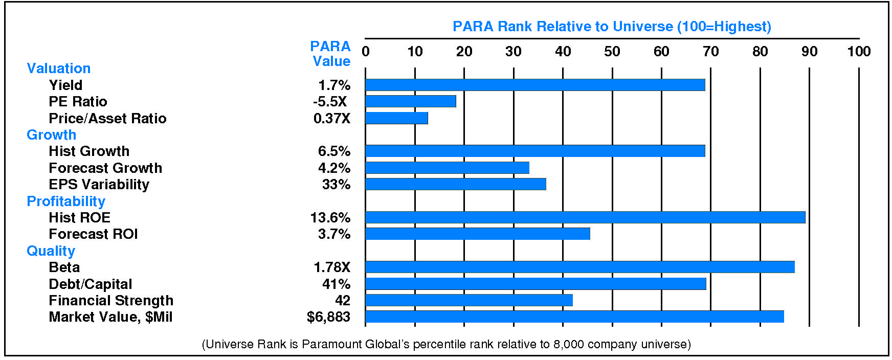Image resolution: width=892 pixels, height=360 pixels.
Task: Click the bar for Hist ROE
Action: [x=585, y=217]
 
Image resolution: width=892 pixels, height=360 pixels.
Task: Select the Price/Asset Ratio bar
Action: [x=397, y=118]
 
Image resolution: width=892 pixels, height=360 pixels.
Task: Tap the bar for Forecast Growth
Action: [x=447, y=168]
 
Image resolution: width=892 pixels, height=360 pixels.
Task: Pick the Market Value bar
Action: [x=574, y=317]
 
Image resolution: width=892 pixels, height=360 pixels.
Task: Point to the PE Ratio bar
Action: [x=411, y=101]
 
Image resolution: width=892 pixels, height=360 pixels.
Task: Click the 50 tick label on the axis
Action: [x=612, y=52]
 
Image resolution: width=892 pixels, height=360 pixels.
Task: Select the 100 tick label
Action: [x=859, y=52]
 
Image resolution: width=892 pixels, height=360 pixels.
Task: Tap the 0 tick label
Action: [x=366, y=52]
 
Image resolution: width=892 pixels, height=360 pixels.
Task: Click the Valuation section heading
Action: [x=58, y=69]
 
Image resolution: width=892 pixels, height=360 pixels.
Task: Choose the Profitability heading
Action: [x=66, y=201]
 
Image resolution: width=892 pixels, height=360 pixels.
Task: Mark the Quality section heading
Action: [x=51, y=251]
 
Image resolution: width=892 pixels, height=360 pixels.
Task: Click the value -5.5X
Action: [x=330, y=102]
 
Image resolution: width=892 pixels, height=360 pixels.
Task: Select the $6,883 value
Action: [x=328, y=317]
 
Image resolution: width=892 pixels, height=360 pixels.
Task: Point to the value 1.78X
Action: [x=332, y=267]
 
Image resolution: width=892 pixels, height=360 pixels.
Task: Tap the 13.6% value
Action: [x=330, y=218]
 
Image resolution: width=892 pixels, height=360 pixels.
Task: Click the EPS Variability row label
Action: [x=99, y=185]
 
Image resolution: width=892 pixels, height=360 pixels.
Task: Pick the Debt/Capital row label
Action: [x=90, y=284]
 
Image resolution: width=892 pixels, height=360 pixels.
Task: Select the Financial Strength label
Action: [x=111, y=301]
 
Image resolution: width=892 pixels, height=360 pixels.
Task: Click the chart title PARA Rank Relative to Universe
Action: [x=612, y=27]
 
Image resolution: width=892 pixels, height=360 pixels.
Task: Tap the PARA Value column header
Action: [x=331, y=54]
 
